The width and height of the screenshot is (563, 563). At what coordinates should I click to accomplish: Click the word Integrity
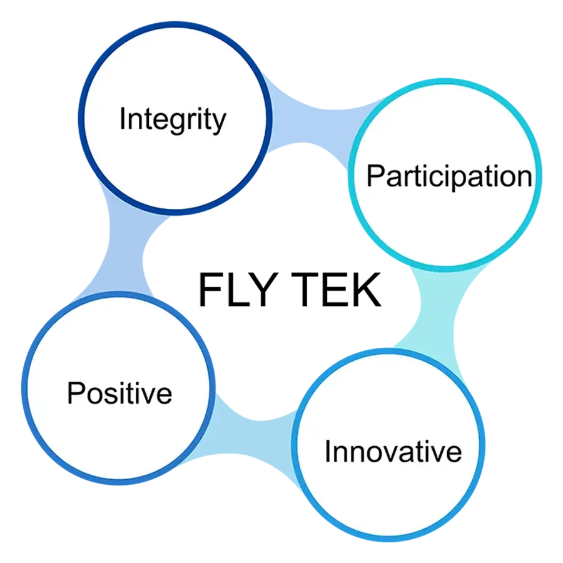pyautogui.click(x=173, y=119)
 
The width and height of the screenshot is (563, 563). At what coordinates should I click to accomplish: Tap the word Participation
pyautogui.click(x=449, y=176)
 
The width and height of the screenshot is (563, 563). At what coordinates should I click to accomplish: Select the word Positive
pyautogui.click(x=119, y=393)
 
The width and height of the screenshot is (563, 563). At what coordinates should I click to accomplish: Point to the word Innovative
pyautogui.click(x=393, y=451)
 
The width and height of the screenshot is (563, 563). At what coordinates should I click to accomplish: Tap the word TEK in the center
pyautogui.click(x=336, y=290)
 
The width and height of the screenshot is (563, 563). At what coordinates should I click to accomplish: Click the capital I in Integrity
pyautogui.click(x=122, y=118)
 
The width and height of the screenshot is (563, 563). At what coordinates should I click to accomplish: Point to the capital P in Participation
pyautogui.click(x=375, y=175)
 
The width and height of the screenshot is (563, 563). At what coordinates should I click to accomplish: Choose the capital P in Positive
pyautogui.click(x=76, y=393)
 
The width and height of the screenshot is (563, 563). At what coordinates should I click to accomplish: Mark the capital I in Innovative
pyautogui.click(x=327, y=451)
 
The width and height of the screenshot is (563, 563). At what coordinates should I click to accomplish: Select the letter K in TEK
pyautogui.click(x=367, y=290)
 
